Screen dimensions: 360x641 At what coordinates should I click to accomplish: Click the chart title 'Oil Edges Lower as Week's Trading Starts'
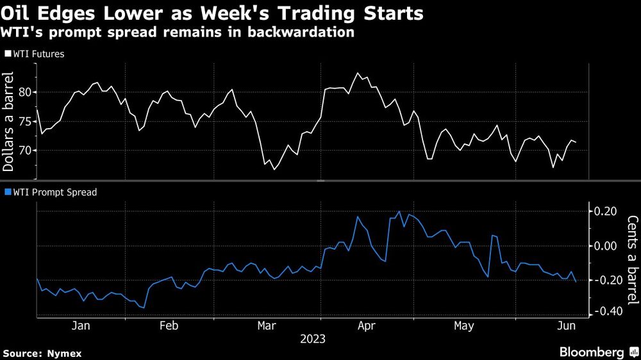212,13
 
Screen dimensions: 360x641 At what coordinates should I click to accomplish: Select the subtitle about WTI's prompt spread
179,32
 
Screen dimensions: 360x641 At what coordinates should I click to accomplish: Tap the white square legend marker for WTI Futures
7,54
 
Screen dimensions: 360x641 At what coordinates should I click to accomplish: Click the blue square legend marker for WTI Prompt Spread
7,192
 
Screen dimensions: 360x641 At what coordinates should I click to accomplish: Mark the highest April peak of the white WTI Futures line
357,73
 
